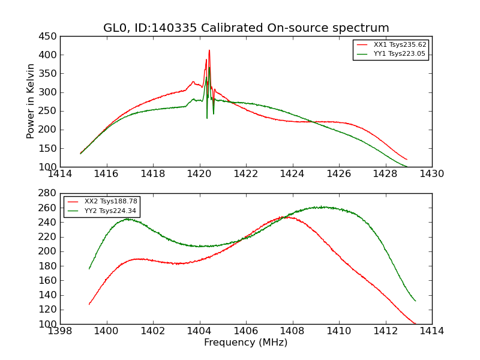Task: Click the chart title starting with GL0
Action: [246, 28]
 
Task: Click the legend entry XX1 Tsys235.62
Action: [400, 44]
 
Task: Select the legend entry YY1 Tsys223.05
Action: [400, 53]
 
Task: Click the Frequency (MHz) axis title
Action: [246, 343]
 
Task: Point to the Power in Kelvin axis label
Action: [31, 101]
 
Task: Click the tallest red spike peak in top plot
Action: [209, 50]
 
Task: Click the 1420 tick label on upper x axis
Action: [200, 174]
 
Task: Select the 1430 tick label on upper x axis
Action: [432, 174]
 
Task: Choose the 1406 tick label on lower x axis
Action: [246, 331]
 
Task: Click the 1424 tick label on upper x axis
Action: [293, 174]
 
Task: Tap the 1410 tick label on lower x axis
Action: [339, 331]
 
